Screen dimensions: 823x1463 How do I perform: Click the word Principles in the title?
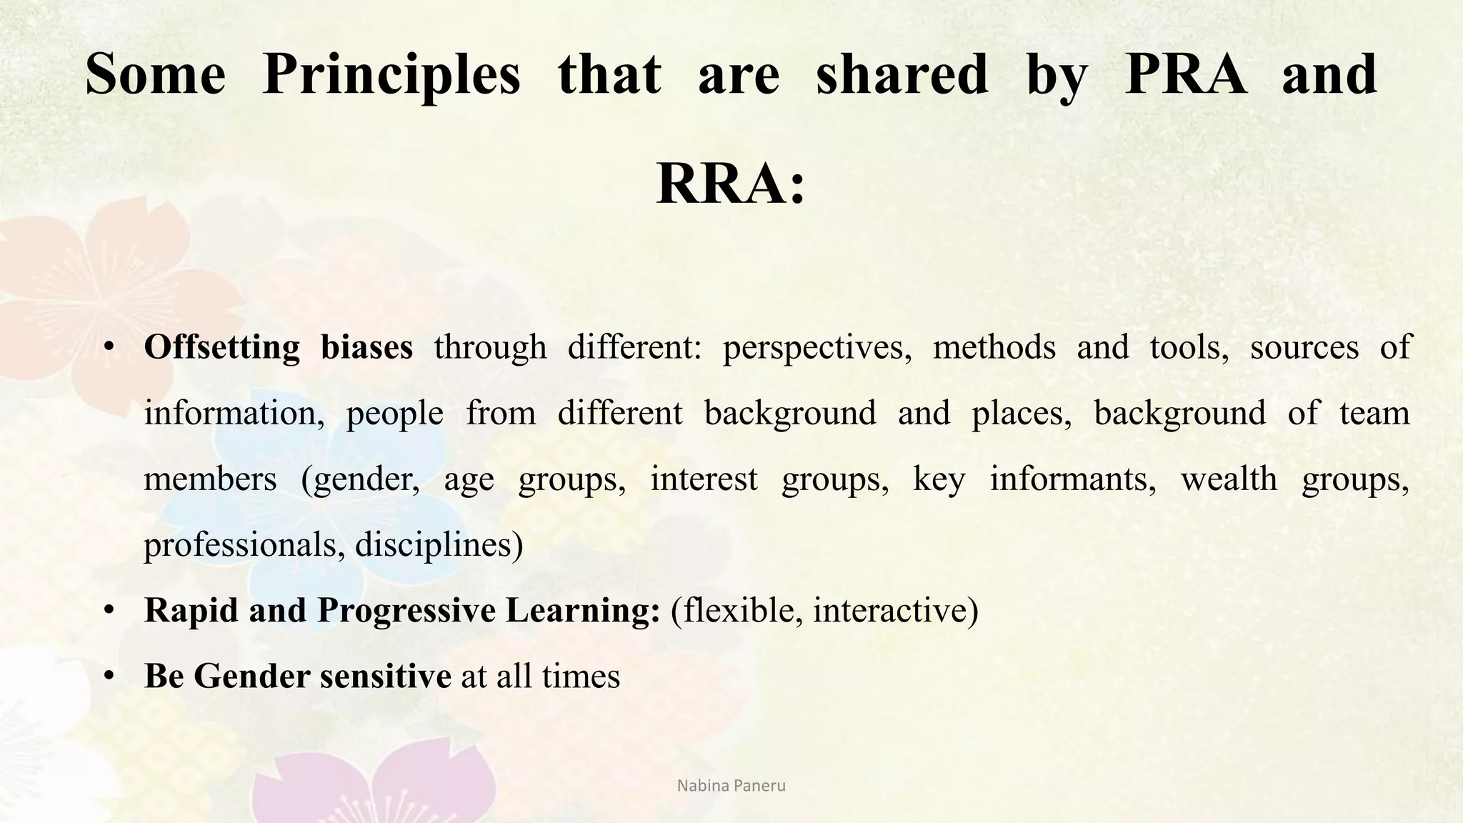pyautogui.click(x=391, y=75)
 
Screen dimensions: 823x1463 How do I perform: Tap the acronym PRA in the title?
pyautogui.click(x=1185, y=75)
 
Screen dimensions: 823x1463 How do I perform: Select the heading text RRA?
pyautogui.click(x=730, y=184)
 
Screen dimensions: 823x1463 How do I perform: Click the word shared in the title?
pyautogui.click(x=902, y=75)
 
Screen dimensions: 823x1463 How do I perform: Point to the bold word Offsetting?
pyautogui.click(x=221, y=348)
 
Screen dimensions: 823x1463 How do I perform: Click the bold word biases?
pyautogui.click(x=366, y=348)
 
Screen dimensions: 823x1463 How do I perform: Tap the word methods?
pyautogui.click(x=994, y=348)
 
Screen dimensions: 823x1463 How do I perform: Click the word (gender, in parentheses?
pyautogui.click(x=361, y=479)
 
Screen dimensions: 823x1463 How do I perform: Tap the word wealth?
pyautogui.click(x=1229, y=479)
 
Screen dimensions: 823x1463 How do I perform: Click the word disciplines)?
pyautogui.click(x=439, y=545)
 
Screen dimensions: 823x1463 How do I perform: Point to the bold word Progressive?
pyautogui.click(x=406, y=611)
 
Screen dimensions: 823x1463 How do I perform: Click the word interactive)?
pyautogui.click(x=895, y=611)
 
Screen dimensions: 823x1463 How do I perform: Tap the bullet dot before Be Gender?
pyautogui.click(x=109, y=677)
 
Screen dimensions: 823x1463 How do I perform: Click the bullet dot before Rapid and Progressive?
pyautogui.click(x=109, y=611)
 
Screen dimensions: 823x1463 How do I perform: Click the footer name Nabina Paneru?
pyautogui.click(x=731, y=786)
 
